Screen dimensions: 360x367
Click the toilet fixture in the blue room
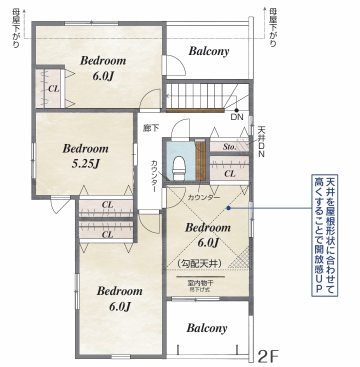179,168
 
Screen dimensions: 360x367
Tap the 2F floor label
268,356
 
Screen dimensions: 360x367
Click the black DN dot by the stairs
236,110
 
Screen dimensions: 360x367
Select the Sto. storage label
229,147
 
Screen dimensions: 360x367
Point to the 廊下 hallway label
151,128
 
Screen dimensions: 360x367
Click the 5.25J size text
85,163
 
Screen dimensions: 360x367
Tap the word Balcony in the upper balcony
209,51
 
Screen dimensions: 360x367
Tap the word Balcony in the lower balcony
207,328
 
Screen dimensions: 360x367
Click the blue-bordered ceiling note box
324,235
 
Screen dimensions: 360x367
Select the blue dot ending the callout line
228,208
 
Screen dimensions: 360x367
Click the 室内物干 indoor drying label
200,283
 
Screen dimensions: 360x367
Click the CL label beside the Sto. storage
229,173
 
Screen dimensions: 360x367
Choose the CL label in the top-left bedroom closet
53,88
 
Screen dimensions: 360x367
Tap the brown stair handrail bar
195,110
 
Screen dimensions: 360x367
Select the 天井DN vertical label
261,142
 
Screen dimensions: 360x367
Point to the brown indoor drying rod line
200,276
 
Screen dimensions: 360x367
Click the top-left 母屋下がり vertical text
16,28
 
